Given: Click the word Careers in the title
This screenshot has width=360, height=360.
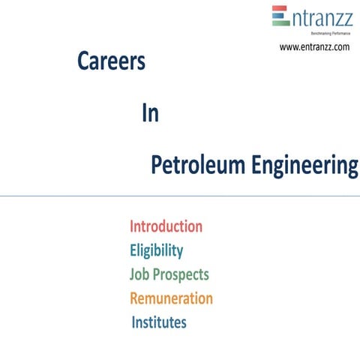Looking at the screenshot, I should click(x=111, y=63).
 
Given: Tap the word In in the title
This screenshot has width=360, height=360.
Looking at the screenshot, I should click(x=149, y=114).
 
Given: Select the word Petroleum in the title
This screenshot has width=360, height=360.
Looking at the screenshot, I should click(x=196, y=166).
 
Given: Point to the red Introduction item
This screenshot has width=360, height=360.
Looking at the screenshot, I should click(x=166, y=226).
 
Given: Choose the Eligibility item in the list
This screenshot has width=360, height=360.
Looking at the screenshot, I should click(x=156, y=250).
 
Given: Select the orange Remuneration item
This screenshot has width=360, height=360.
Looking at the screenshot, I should click(x=171, y=298).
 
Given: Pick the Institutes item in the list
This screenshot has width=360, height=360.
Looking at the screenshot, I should click(x=159, y=323).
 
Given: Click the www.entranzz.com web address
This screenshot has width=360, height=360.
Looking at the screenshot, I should click(x=314, y=46).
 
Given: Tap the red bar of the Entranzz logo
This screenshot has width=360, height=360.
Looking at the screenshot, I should click(x=280, y=9).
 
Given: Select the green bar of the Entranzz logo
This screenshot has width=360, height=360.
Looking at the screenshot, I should click(x=280, y=23).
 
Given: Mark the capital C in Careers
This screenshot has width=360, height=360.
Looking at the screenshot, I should click(x=83, y=63).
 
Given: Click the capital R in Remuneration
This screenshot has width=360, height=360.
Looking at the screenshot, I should click(x=135, y=298).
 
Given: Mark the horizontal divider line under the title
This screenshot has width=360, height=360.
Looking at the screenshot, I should click(x=180, y=196).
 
